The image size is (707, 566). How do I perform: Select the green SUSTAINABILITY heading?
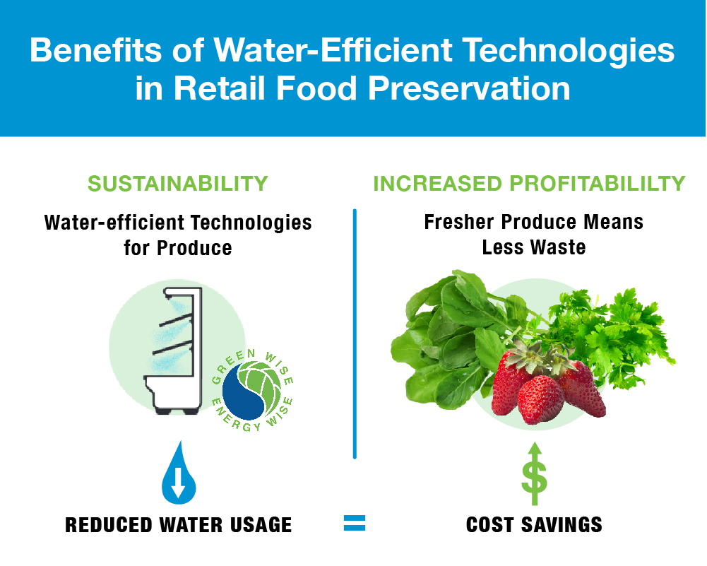(x=177, y=184)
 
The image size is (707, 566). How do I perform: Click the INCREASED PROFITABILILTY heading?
(x=529, y=184)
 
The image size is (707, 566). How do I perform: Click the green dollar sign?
(x=534, y=479)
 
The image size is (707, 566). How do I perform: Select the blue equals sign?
(x=354, y=523)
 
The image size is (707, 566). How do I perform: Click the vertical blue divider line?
(x=354, y=332)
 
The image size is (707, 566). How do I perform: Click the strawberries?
(x=544, y=385)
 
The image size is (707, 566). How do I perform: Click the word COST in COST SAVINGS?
(x=493, y=524)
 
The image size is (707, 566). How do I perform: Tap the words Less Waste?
(x=533, y=247)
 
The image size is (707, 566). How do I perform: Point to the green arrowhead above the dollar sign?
(x=534, y=451)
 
